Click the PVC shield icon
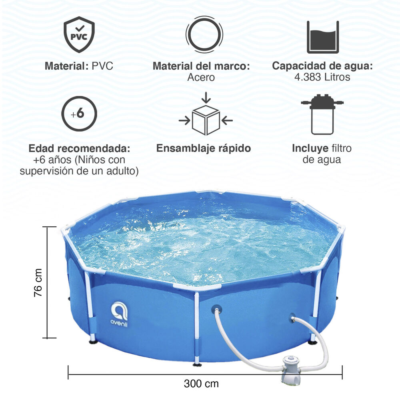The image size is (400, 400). pos(79,34)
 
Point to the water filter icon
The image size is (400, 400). pos(322,114)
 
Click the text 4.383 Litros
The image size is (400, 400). pos(322,77)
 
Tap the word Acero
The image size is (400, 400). pos(201,77)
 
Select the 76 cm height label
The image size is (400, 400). pos(38,282)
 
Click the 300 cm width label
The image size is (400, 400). pos(201,384)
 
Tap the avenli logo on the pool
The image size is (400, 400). pos(119,314)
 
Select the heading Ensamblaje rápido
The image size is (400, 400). pos(204,148)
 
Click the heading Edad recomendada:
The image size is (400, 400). pos(79,148)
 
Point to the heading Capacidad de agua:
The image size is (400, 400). pos(322,66)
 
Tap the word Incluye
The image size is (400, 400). pos(310,148)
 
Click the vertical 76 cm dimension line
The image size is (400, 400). pos(48,282)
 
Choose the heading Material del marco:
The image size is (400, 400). pos(201,66)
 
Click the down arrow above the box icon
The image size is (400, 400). pos(206,98)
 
